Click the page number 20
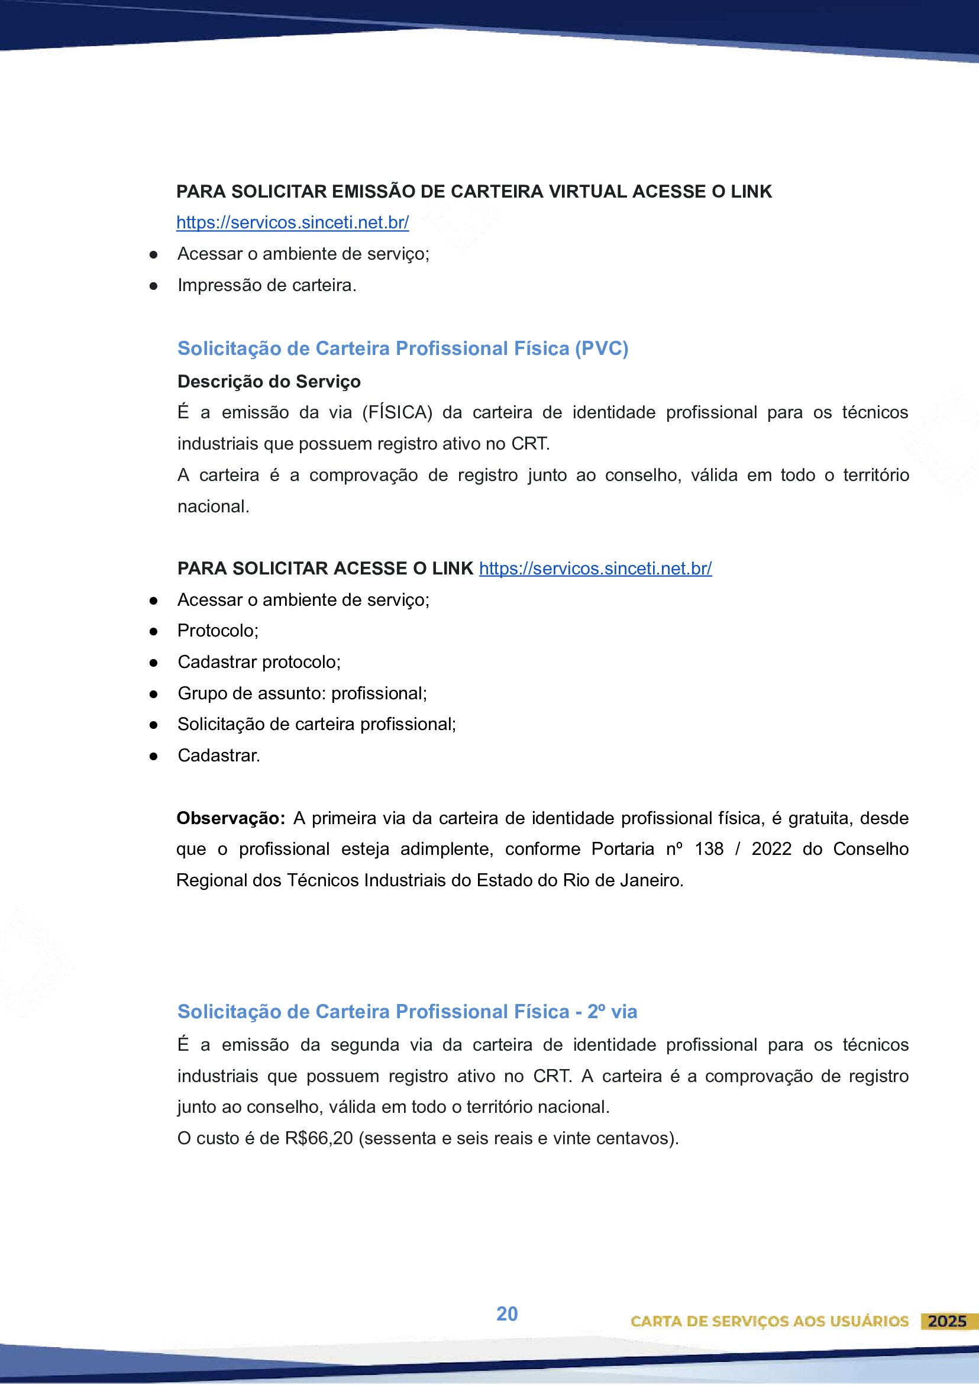(x=507, y=1314)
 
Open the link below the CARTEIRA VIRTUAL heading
(x=293, y=222)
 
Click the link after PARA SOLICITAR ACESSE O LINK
(x=595, y=568)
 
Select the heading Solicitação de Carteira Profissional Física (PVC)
(x=403, y=348)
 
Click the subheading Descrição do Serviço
(x=269, y=382)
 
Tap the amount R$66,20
(x=319, y=1138)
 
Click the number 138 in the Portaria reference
(x=709, y=850)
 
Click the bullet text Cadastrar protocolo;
(x=259, y=663)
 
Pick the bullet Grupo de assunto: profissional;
(x=302, y=694)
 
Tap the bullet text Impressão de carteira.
(x=267, y=285)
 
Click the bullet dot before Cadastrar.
(x=154, y=756)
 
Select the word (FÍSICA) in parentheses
(x=398, y=412)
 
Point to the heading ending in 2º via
(x=407, y=1012)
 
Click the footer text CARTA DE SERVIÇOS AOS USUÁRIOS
(x=769, y=1322)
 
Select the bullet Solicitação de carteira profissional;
(x=316, y=725)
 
